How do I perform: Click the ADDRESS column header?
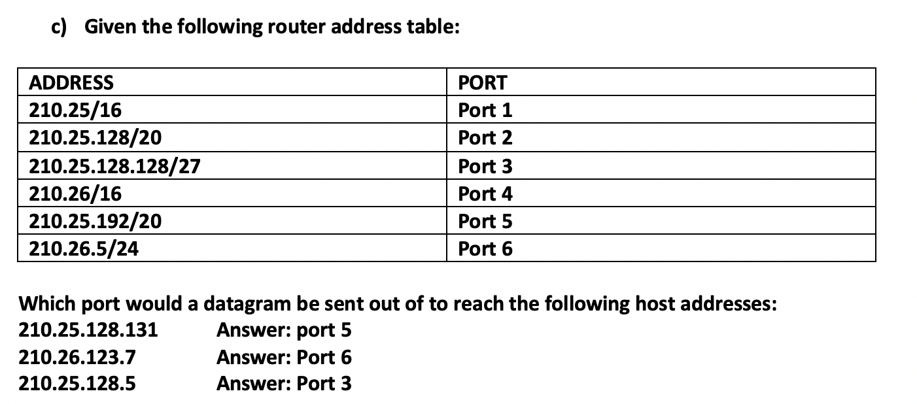pyautogui.click(x=71, y=83)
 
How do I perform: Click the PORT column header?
pyautogui.click(x=483, y=83)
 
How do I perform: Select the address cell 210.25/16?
pyautogui.click(x=76, y=110)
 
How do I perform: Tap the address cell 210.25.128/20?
pyautogui.click(x=96, y=138)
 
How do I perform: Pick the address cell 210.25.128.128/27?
pyautogui.click(x=115, y=167)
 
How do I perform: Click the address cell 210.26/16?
pyautogui.click(x=76, y=194)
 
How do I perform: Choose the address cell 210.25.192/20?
pyautogui.click(x=96, y=222)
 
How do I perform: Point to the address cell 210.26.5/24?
pyautogui.click(x=84, y=249)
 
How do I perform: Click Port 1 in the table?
pyautogui.click(x=485, y=110)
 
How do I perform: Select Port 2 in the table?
pyautogui.click(x=485, y=138)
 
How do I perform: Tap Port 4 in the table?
pyautogui.click(x=485, y=194)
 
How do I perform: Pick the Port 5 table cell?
pyautogui.click(x=485, y=222)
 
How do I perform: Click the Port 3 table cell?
pyautogui.click(x=485, y=167)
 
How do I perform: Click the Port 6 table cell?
pyautogui.click(x=485, y=249)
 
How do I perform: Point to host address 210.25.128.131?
pyautogui.click(x=89, y=330)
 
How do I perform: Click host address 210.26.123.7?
pyautogui.click(x=78, y=358)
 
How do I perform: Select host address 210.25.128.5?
pyautogui.click(x=78, y=384)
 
